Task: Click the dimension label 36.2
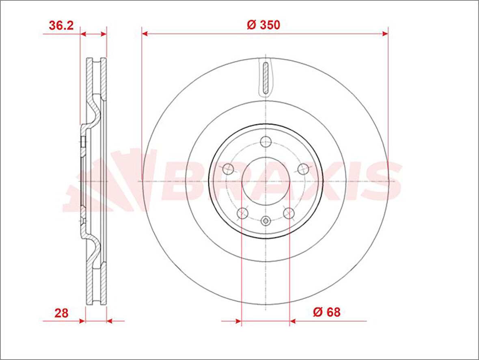pyautogui.click(x=61, y=25)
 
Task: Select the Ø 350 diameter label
pyautogui.click(x=263, y=25)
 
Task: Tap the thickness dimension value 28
pyautogui.click(x=61, y=313)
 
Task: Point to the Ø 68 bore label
pyautogui.click(x=326, y=312)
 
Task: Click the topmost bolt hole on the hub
pyautogui.click(x=266, y=142)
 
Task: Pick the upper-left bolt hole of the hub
pyautogui.click(x=228, y=169)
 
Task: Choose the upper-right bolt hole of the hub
pyautogui.click(x=303, y=168)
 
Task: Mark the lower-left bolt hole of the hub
pyautogui.click(x=242, y=213)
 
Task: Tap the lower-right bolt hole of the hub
pyautogui.click(x=289, y=213)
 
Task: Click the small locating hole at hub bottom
pyautogui.click(x=266, y=221)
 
